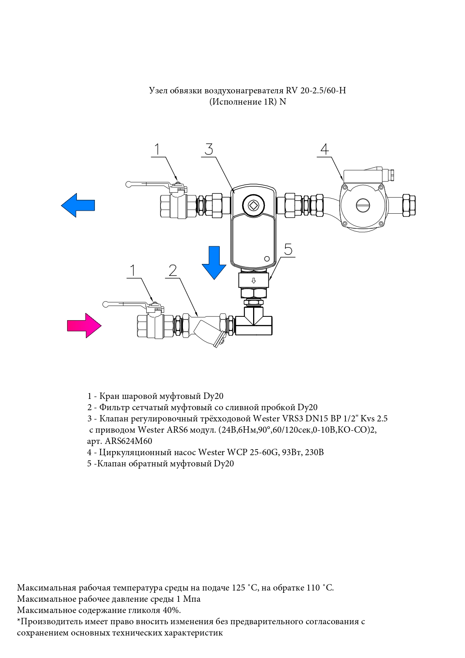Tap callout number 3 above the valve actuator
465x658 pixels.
(209, 149)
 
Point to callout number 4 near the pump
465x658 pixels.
(324, 149)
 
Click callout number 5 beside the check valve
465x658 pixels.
(288, 249)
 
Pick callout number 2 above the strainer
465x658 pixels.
(172, 270)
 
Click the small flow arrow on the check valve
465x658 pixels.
(253, 280)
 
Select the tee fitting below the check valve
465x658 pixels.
(254, 322)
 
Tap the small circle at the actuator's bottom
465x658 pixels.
(267, 259)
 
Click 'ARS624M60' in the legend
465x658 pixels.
(128, 441)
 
